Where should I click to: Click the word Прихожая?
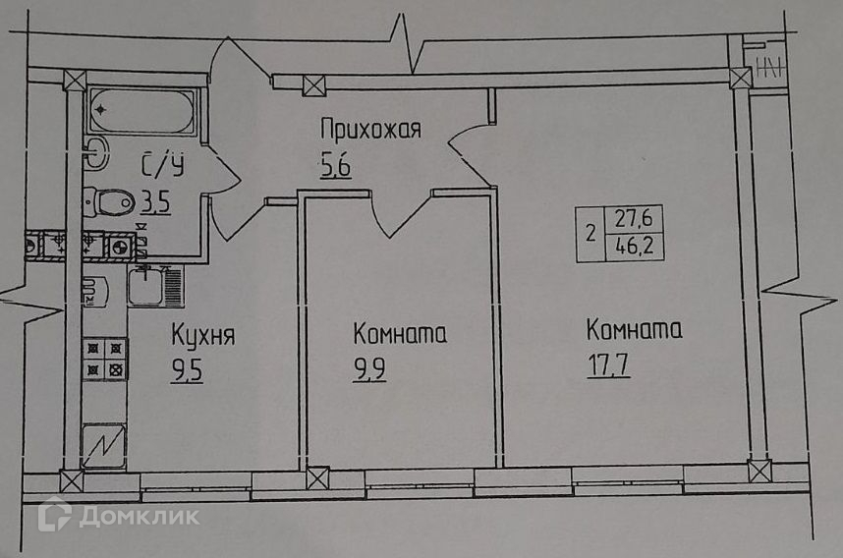pos(370,129)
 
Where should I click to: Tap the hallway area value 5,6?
pos(336,164)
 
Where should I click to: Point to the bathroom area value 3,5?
pos(155,203)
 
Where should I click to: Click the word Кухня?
pos(202,336)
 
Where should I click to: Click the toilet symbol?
pos(109,201)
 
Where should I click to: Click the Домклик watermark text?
pos(125,516)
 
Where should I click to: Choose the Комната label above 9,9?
pos(400,335)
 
